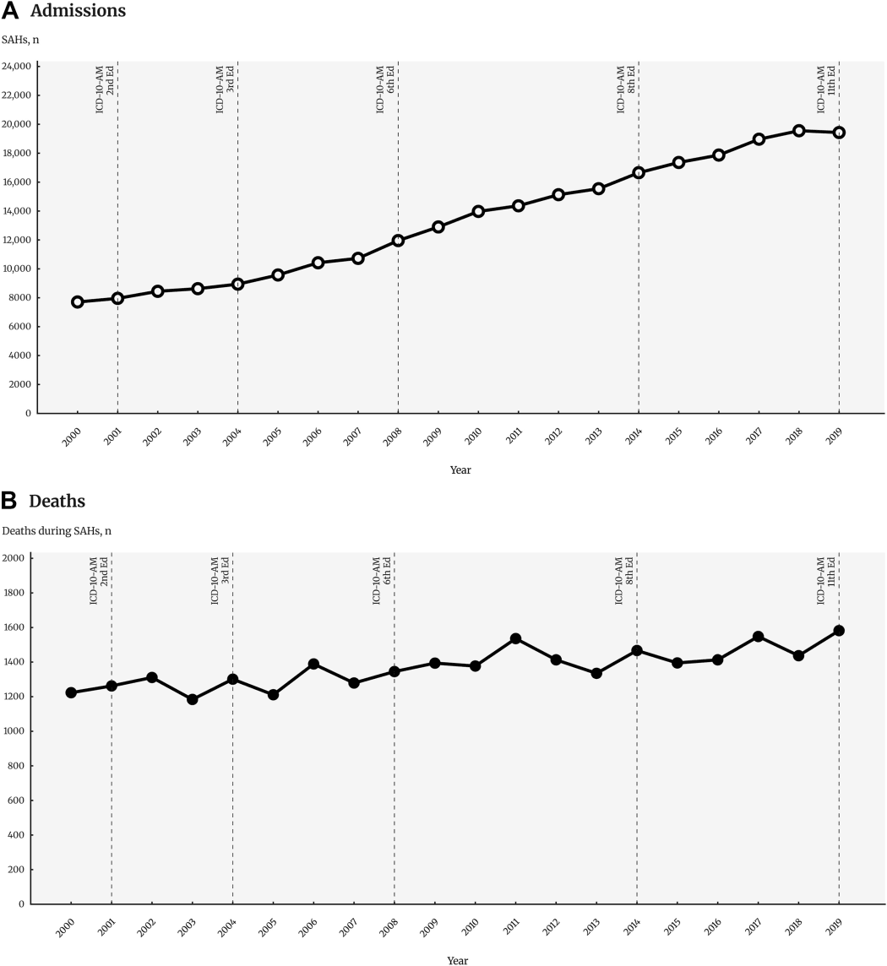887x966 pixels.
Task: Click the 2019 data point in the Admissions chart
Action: (839, 133)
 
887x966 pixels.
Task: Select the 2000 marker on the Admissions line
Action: (78, 301)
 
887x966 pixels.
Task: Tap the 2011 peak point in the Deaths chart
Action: (515, 638)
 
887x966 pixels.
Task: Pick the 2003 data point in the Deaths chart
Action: (193, 699)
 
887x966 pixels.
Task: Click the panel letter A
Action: (11, 12)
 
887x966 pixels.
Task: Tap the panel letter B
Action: (10, 501)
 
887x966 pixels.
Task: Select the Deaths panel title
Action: (57, 502)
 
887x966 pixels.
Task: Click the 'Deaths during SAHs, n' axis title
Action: (57, 530)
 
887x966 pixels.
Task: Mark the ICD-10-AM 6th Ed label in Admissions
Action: (384, 89)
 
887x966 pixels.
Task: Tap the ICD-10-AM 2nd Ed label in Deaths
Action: (98, 581)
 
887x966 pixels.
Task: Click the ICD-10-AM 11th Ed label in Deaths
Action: (825, 581)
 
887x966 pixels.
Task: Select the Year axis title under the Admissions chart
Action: (460, 470)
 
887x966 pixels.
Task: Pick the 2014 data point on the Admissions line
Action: (639, 172)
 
